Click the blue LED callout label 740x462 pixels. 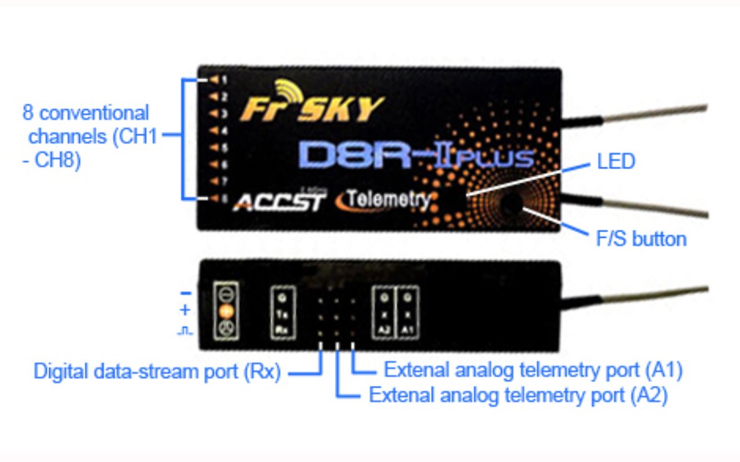[615, 162]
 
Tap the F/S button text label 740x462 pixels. [641, 238]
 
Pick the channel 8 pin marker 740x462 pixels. [218, 199]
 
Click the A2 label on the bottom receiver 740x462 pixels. [384, 328]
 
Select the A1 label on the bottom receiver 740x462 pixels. [407, 328]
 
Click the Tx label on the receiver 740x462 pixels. [283, 312]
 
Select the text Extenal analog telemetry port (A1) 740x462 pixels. [533, 370]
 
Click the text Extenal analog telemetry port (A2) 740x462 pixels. [519, 395]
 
